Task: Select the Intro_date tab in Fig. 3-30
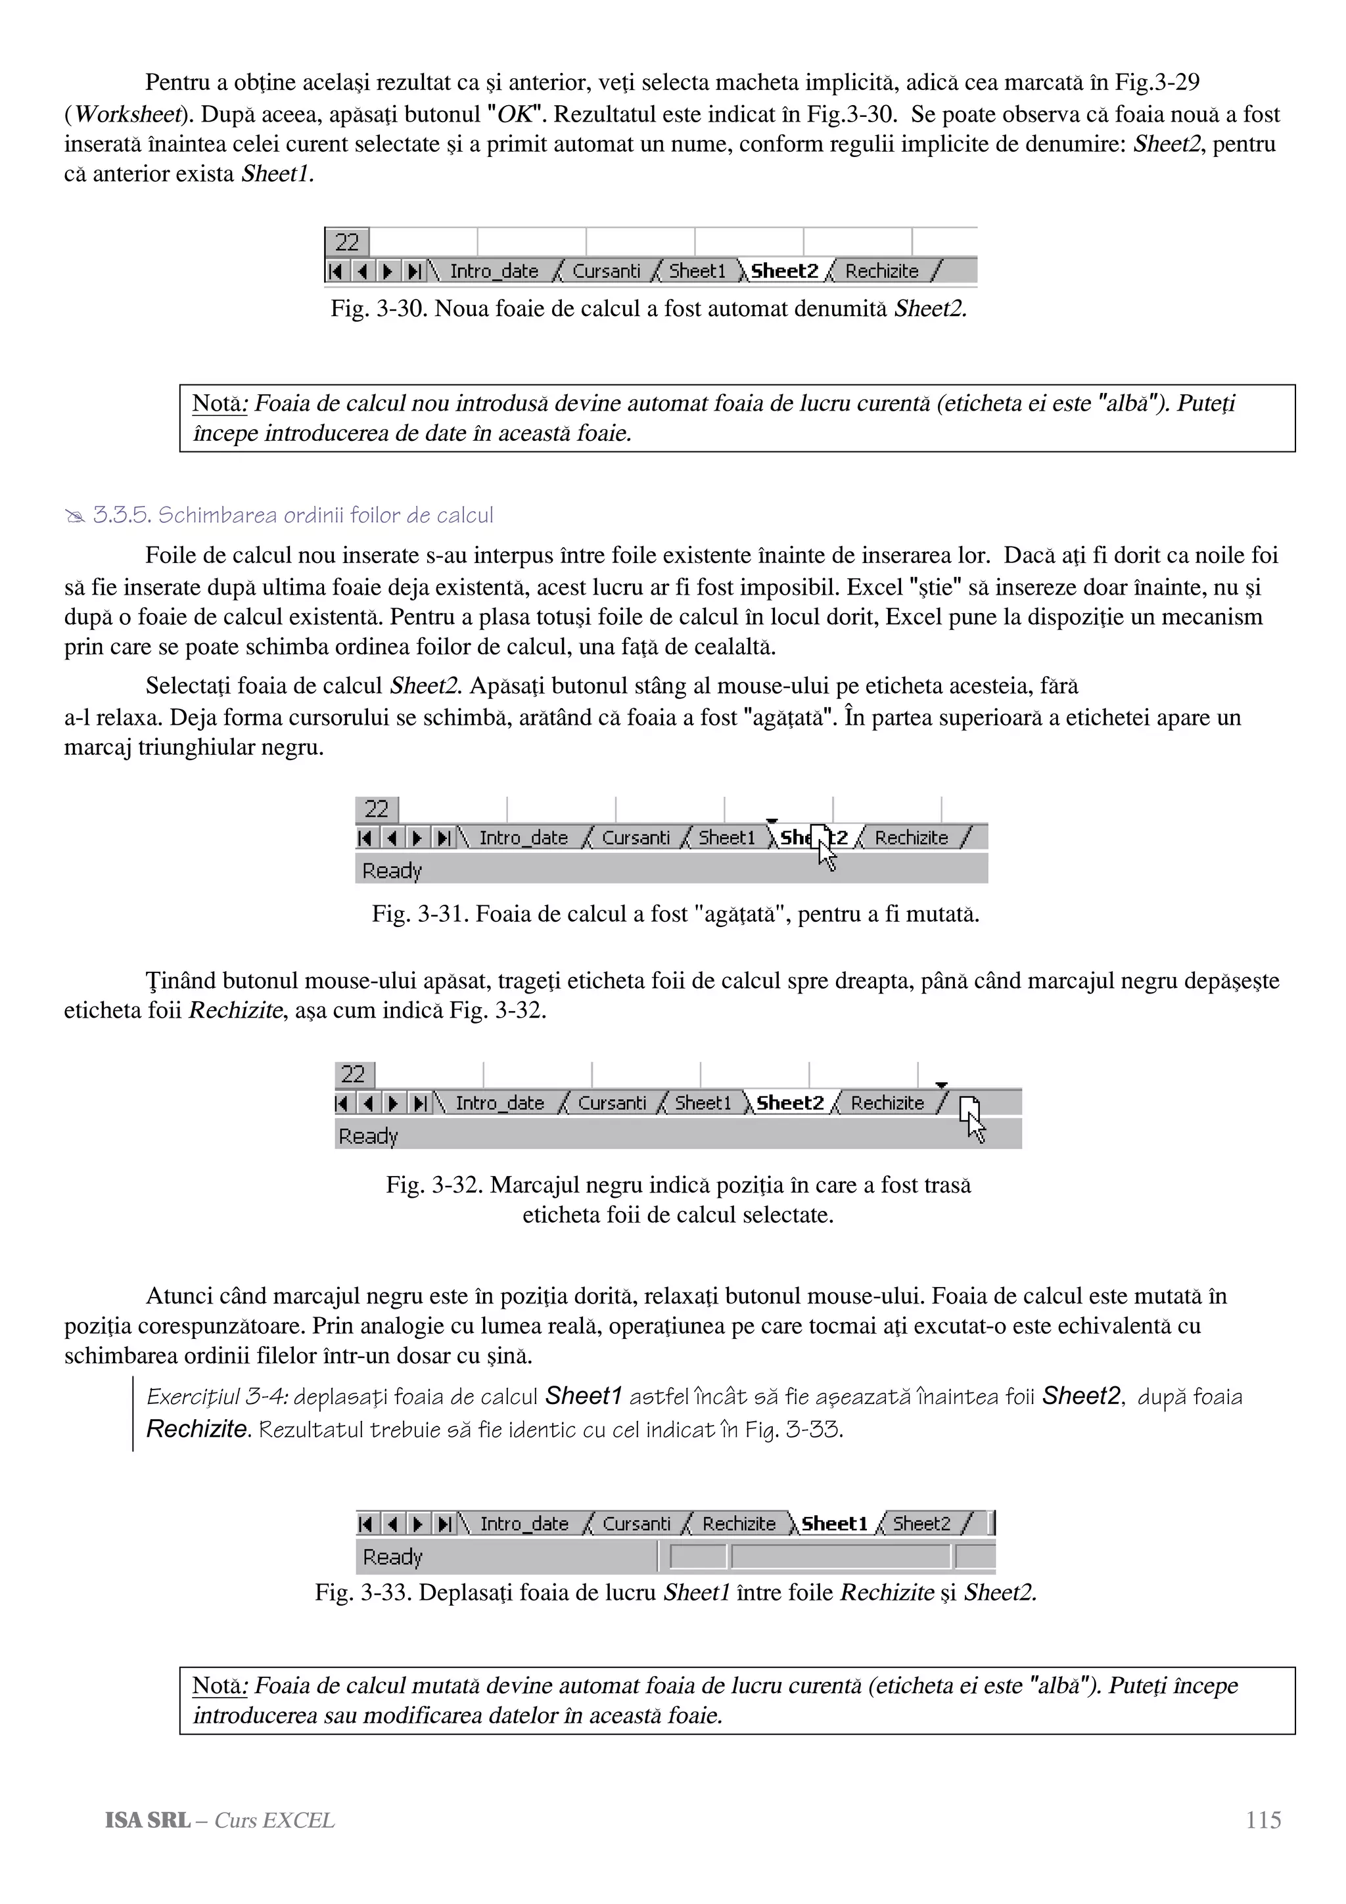(x=494, y=271)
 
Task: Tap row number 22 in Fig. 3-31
(x=377, y=809)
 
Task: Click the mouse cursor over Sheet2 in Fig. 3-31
(x=823, y=846)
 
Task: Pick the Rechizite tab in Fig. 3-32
(x=887, y=1104)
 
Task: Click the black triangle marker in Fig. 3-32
(x=940, y=1085)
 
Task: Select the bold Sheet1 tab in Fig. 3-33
(x=834, y=1524)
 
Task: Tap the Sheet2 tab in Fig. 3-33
(x=921, y=1524)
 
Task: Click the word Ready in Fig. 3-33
(x=392, y=1557)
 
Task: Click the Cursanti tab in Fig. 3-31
(x=636, y=838)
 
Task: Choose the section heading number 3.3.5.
(x=121, y=516)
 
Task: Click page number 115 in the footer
(x=1263, y=1821)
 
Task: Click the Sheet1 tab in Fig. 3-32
(x=703, y=1104)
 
